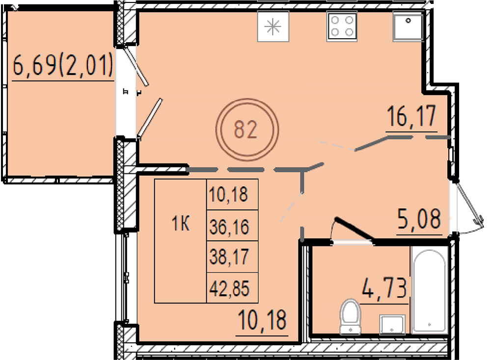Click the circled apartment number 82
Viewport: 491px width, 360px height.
[x=246, y=130]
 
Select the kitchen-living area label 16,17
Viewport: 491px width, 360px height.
[x=411, y=116]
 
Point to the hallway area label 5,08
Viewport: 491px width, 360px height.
[x=419, y=219]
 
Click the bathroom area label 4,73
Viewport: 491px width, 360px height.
[x=384, y=288]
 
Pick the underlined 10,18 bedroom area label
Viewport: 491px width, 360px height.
[x=262, y=320]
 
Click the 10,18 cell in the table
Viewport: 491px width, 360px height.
[x=229, y=194]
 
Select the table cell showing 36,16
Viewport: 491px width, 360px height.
[x=229, y=226]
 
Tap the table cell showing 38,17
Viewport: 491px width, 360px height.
[x=229, y=256]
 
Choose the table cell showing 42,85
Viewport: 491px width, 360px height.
[x=229, y=288]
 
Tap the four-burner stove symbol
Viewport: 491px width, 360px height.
[x=342, y=26]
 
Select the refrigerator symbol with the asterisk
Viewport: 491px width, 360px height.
[x=273, y=27]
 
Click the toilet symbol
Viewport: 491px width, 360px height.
[x=351, y=316]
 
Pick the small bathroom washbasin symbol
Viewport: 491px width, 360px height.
[x=392, y=324]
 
